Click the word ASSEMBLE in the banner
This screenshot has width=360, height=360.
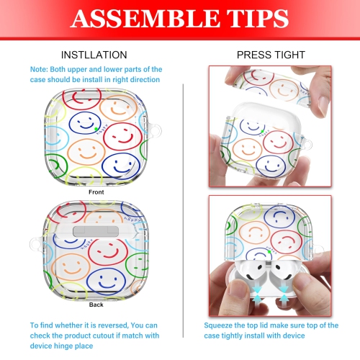tap(145, 18)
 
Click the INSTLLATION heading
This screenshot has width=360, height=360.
tap(94, 55)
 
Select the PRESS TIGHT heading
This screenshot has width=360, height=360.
tap(271, 55)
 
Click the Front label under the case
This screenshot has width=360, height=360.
tap(96, 192)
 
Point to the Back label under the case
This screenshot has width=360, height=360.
tap(96, 305)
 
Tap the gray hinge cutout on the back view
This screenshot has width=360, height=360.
tap(96, 231)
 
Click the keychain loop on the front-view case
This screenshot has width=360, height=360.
tap(154, 130)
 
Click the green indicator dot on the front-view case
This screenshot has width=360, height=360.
tap(96, 129)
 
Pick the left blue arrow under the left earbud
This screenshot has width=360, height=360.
tap(257, 294)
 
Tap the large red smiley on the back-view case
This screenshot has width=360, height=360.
tap(107, 252)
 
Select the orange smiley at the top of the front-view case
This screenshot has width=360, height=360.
tap(118, 108)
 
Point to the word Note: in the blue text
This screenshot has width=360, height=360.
tap(39, 69)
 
